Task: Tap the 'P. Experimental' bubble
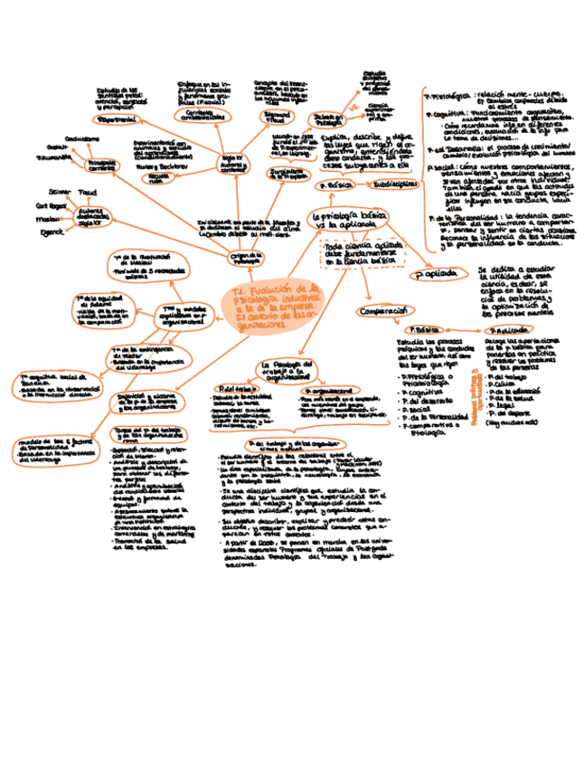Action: click(116, 120)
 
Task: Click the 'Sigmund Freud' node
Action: click(275, 118)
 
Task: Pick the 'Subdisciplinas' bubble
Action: click(395, 183)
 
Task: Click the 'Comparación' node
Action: click(384, 311)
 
